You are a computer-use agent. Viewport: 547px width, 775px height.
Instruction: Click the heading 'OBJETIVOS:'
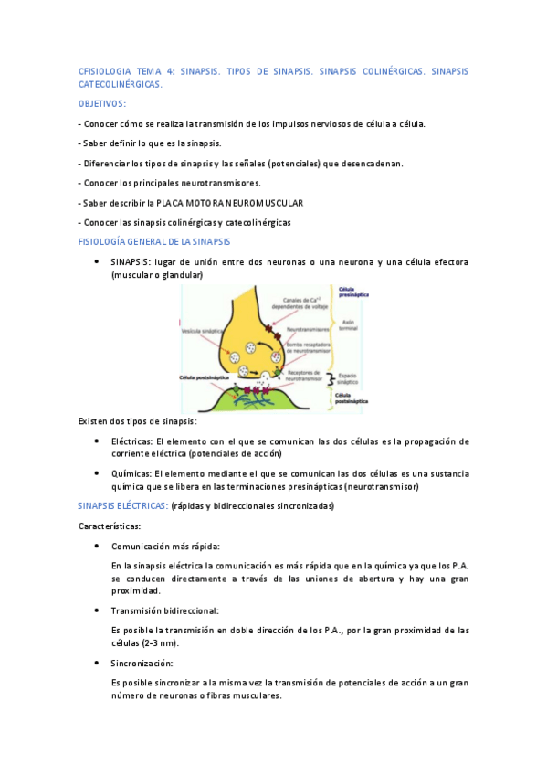coord(102,104)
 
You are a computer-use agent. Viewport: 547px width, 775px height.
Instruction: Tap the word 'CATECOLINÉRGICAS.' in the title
coord(121,83)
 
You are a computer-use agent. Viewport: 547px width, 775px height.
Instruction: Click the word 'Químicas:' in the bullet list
coord(131,473)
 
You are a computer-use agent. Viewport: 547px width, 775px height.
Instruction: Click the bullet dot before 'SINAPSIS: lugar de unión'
coord(97,261)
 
